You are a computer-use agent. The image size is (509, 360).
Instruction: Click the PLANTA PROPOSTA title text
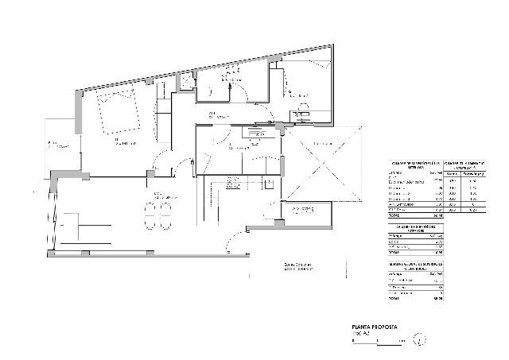[x=373, y=327]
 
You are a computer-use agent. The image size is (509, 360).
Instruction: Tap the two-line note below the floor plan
[x=297, y=266]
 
